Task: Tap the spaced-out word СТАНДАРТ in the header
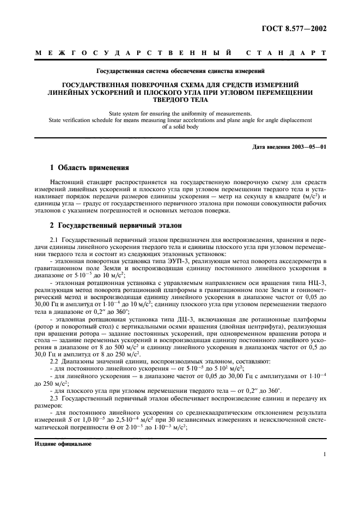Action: (x=286, y=53)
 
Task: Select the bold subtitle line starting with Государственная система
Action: (x=180, y=71)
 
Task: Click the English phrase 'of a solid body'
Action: (x=180, y=126)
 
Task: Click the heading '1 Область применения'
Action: (x=89, y=168)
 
